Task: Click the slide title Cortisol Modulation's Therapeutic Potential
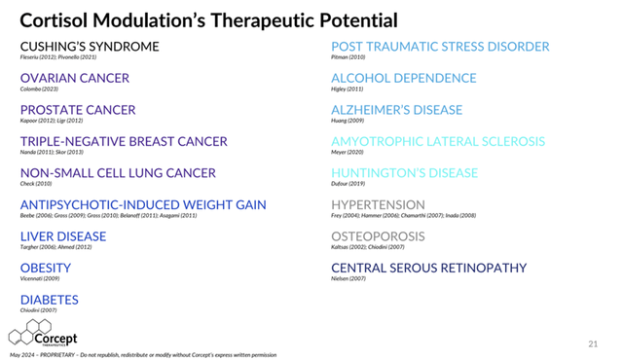(209, 19)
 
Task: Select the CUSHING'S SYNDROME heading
(90, 47)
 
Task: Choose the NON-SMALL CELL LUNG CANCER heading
(118, 173)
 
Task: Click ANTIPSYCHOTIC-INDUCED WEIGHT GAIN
(143, 205)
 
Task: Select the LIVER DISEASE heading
(63, 236)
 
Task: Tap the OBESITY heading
(46, 268)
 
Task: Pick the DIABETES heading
(50, 300)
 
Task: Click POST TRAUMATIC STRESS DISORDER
(440, 47)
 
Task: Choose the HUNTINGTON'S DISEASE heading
(404, 173)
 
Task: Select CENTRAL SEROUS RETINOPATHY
(428, 268)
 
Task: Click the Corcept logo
(43, 333)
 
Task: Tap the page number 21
(593, 343)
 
